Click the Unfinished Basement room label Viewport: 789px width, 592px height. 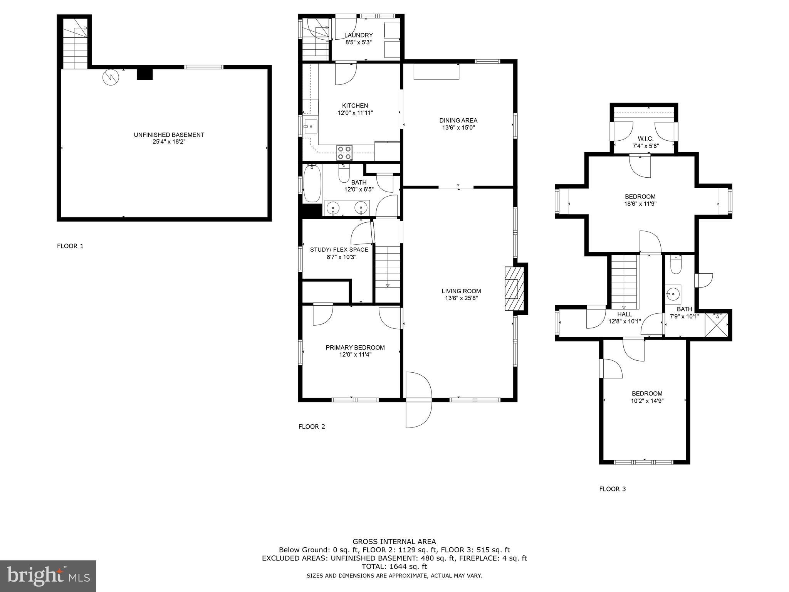pyautogui.click(x=169, y=135)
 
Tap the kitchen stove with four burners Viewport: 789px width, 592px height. pyautogui.click(x=344, y=153)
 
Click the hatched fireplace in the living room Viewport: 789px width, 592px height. pyautogui.click(x=514, y=289)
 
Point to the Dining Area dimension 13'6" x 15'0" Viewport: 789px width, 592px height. pyautogui.click(x=458, y=128)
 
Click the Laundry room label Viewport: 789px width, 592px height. pyautogui.click(x=358, y=35)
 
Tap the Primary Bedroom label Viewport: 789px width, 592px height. pyautogui.click(x=355, y=348)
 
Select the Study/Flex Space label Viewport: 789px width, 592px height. pyautogui.click(x=339, y=250)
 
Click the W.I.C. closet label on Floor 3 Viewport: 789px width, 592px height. pyautogui.click(x=645, y=139)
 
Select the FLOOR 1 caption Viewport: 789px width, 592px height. pyautogui.click(x=70, y=246)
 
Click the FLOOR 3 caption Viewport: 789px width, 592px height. pyautogui.click(x=612, y=489)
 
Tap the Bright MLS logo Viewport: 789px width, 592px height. pyautogui.click(x=48, y=576)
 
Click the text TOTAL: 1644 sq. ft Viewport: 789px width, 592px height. pyautogui.click(x=394, y=567)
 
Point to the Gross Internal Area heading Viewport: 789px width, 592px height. pyautogui.click(x=394, y=542)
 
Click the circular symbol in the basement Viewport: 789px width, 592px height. pyautogui.click(x=111, y=77)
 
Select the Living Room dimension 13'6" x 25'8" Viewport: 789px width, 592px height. pyautogui.click(x=461, y=298)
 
